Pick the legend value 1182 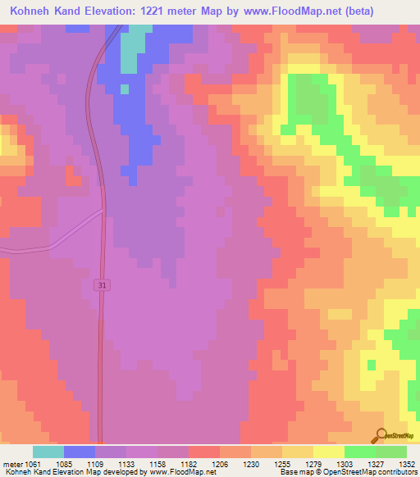(188, 464)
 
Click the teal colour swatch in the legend (48, 452)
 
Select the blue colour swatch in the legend (80, 452)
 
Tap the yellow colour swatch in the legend (328, 452)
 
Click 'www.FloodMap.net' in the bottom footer (179, 473)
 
